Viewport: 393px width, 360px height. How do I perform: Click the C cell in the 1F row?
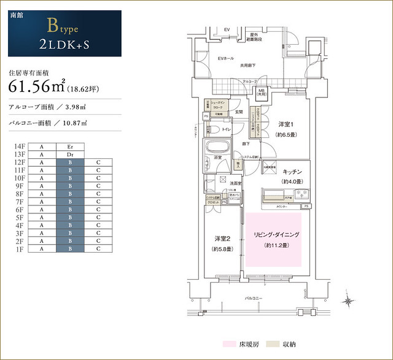tap(98, 250)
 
